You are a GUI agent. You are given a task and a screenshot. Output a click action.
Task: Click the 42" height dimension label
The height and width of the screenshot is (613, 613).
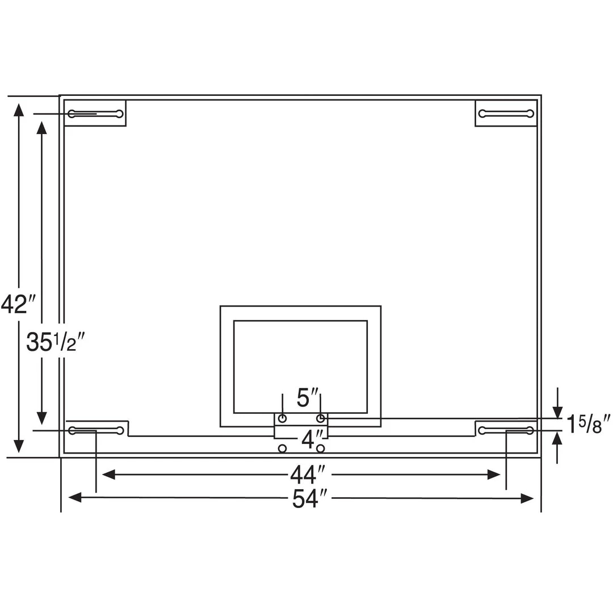click(18, 305)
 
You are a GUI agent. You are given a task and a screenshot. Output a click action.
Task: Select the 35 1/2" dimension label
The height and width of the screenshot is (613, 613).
click(55, 343)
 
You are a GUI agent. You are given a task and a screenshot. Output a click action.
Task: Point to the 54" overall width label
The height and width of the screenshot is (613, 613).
click(310, 499)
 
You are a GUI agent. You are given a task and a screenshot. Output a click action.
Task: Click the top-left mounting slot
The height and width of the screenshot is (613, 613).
click(95, 114)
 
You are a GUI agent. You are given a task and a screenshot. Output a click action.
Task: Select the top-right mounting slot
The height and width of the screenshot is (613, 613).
click(506, 114)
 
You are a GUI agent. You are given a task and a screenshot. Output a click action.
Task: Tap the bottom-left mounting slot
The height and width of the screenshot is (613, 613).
click(95, 430)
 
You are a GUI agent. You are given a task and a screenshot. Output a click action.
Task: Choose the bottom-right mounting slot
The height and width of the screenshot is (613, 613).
click(506, 430)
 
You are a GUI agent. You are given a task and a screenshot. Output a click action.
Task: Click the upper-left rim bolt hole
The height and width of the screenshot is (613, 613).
click(282, 419)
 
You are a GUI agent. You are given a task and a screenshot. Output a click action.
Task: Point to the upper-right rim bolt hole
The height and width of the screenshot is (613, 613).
click(321, 419)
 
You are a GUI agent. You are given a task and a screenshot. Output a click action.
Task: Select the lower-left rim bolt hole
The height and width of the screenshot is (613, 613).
click(282, 448)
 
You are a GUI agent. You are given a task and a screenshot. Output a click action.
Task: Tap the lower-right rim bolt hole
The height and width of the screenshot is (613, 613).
click(321, 448)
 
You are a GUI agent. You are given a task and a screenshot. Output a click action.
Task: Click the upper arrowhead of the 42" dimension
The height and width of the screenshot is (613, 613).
click(19, 110)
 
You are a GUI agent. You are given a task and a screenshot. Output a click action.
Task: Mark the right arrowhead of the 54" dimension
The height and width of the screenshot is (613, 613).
click(527, 498)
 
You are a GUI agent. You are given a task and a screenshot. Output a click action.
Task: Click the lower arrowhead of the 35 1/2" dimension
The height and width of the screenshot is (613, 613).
click(41, 418)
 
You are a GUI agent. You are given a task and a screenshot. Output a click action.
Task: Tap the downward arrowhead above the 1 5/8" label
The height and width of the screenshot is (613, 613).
click(558, 413)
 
